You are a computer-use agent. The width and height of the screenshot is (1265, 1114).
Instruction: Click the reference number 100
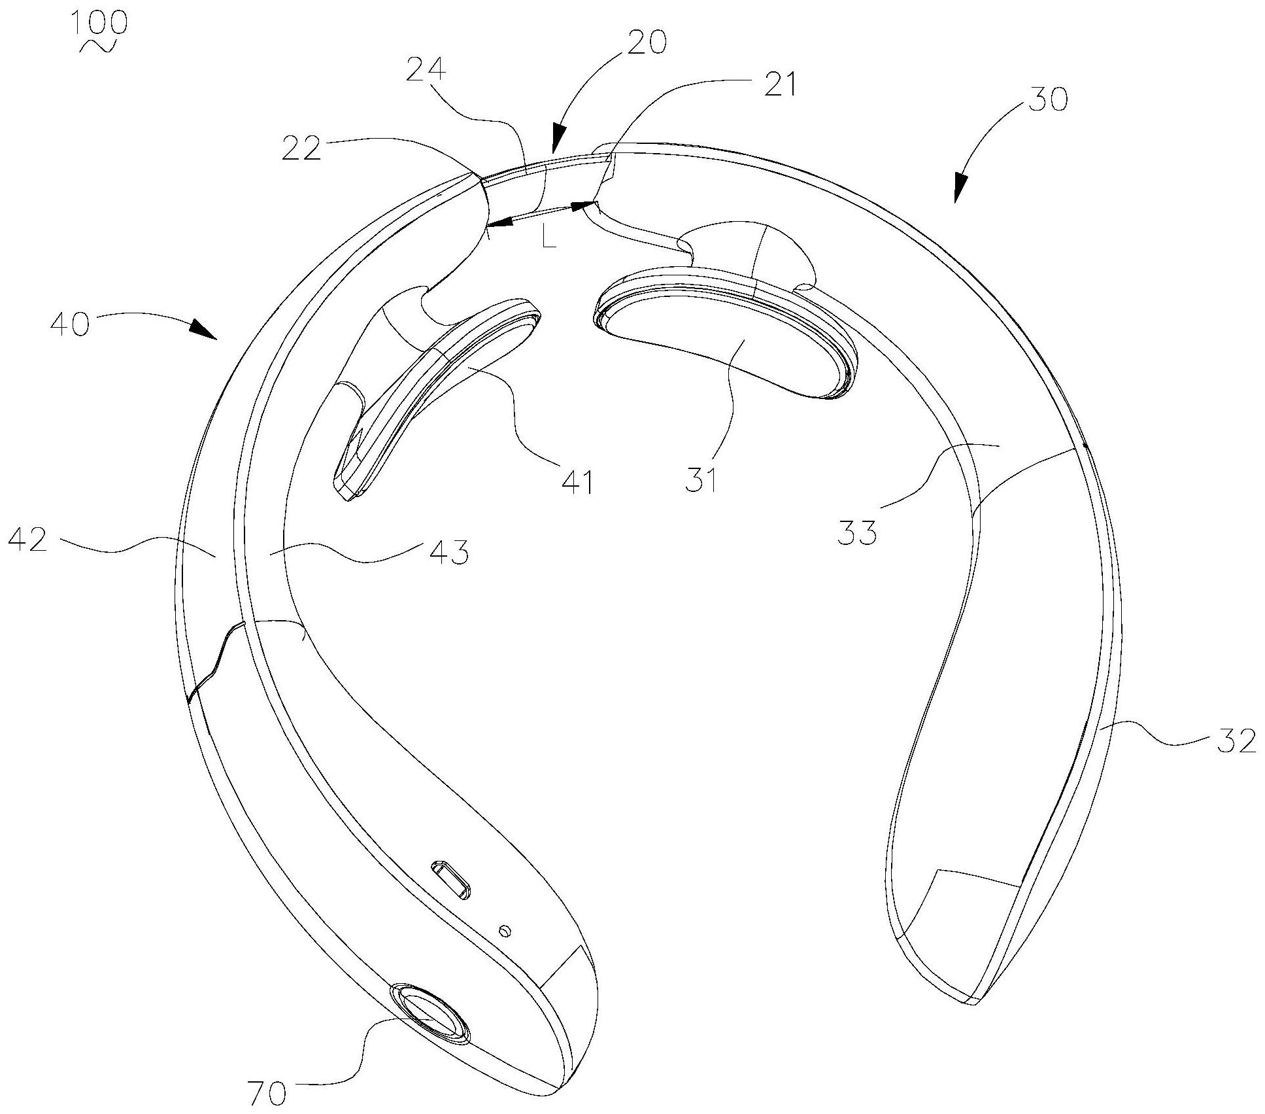pos(100,24)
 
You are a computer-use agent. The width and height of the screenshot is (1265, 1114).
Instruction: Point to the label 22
pos(301,149)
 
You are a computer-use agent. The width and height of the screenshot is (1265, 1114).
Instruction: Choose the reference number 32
pos(1237,742)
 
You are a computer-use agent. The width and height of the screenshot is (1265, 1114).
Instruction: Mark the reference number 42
pos(28,541)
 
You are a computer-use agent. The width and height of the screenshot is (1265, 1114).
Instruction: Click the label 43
pos(449,553)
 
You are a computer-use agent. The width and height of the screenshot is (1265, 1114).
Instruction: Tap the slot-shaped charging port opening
pos(450,881)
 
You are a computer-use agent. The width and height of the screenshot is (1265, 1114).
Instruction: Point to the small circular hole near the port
pos(503,930)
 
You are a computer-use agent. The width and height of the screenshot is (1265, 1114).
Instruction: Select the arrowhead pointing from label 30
pos(960,188)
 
